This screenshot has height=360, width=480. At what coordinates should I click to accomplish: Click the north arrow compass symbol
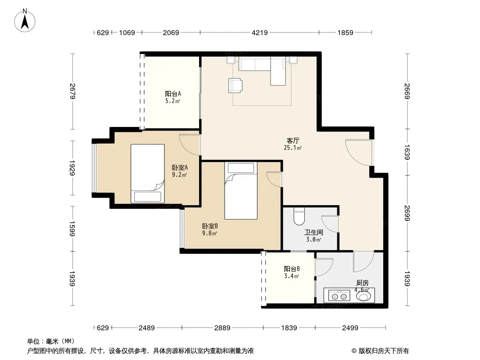25,21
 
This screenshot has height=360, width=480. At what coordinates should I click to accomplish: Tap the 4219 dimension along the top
260,32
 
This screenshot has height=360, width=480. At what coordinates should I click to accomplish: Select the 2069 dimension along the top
171,32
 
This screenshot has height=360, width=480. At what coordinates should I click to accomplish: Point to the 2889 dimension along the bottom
222,328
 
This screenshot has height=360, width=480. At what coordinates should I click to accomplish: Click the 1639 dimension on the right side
407,152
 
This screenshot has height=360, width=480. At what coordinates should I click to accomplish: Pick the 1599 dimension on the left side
72,229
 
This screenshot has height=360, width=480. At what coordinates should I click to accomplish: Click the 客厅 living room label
293,140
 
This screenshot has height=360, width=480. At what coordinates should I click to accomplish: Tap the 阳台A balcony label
173,94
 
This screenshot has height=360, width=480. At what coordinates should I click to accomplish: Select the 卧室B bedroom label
210,226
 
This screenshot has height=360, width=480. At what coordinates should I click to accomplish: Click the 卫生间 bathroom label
314,233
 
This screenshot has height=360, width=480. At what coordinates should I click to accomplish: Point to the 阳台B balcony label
292,269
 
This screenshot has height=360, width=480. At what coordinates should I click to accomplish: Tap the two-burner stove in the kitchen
339,296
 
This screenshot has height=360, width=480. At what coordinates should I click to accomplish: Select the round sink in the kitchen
363,296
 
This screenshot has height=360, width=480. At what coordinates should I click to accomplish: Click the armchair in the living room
235,85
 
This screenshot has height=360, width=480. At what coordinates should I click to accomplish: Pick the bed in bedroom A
148,173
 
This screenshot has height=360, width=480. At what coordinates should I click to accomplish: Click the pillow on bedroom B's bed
241,168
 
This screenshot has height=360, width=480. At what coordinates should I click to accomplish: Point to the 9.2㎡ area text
179,175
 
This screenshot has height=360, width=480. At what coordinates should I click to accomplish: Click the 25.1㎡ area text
293,148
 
